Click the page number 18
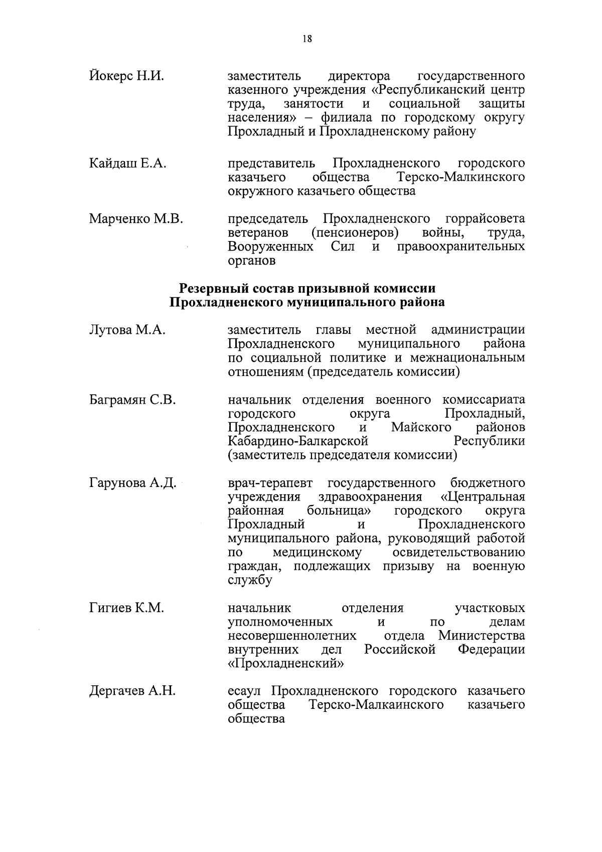[307, 39]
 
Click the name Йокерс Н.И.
[126, 76]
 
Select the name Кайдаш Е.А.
[127, 163]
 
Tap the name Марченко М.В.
[136, 219]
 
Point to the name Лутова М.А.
[127, 330]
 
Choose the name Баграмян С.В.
[132, 400]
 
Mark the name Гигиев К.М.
[126, 608]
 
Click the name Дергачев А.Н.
[132, 691]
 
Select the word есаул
[244, 691]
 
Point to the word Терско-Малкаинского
[376, 705]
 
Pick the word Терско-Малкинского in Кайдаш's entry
[461, 177]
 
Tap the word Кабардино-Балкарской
[298, 441]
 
